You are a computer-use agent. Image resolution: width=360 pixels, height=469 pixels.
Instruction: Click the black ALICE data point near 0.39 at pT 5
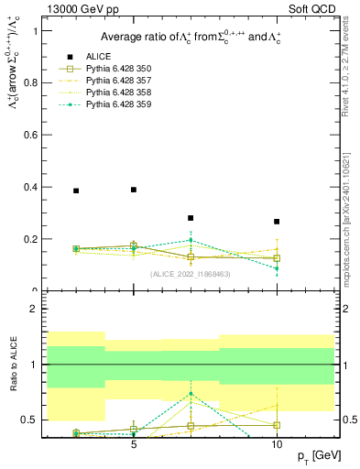pyautogui.click(x=134, y=190)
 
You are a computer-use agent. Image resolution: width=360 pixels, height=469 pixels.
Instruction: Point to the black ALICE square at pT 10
pyautogui.click(x=277, y=222)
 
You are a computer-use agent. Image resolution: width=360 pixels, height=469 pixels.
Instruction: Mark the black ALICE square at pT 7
pyautogui.click(x=191, y=218)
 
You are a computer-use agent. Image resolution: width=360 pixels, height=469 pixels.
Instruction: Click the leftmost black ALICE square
pyautogui.click(x=76, y=191)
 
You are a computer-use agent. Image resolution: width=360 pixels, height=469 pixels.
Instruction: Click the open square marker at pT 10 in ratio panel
pyautogui.click(x=277, y=425)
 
